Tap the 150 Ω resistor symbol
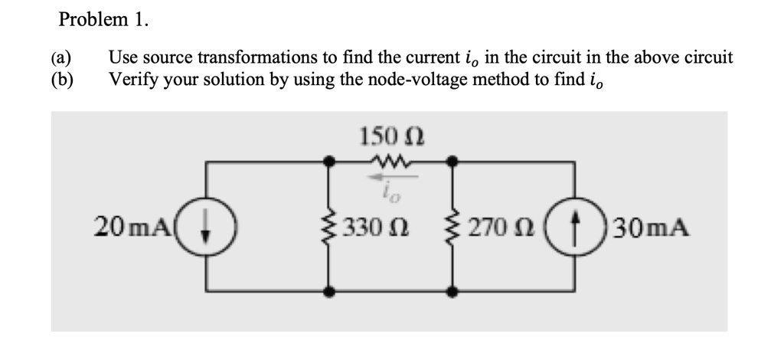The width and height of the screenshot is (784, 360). (x=391, y=162)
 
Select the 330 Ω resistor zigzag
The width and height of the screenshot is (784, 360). (x=329, y=227)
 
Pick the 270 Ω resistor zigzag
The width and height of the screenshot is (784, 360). (x=453, y=227)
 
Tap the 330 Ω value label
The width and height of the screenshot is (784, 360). (x=371, y=227)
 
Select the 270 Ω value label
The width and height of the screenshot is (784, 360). (x=494, y=227)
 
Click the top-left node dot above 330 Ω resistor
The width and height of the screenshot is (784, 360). (x=329, y=162)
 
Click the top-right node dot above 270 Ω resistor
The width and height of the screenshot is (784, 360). (x=453, y=162)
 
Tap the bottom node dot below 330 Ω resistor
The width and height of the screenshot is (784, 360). (x=329, y=292)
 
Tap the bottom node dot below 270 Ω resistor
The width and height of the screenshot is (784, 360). (x=453, y=292)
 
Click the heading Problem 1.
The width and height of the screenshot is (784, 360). (x=103, y=20)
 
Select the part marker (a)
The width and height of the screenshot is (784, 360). (x=62, y=58)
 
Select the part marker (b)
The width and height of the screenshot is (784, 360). (x=62, y=79)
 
